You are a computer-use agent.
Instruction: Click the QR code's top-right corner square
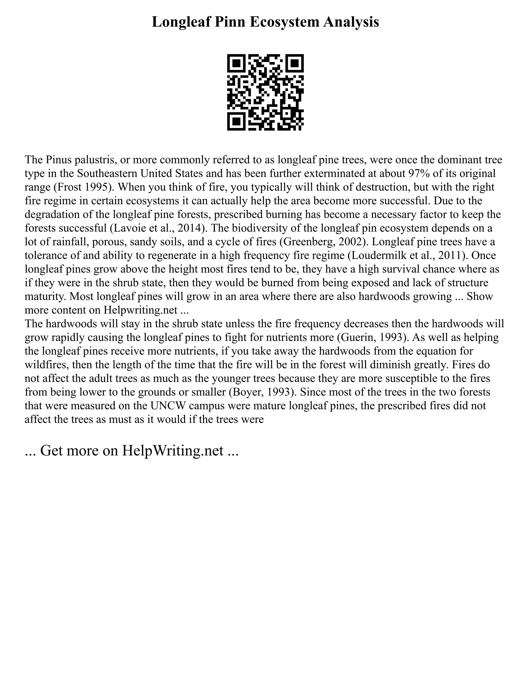click(x=295, y=64)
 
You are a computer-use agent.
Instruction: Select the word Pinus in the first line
click(x=58, y=160)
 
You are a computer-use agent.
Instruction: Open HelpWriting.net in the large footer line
click(x=173, y=451)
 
